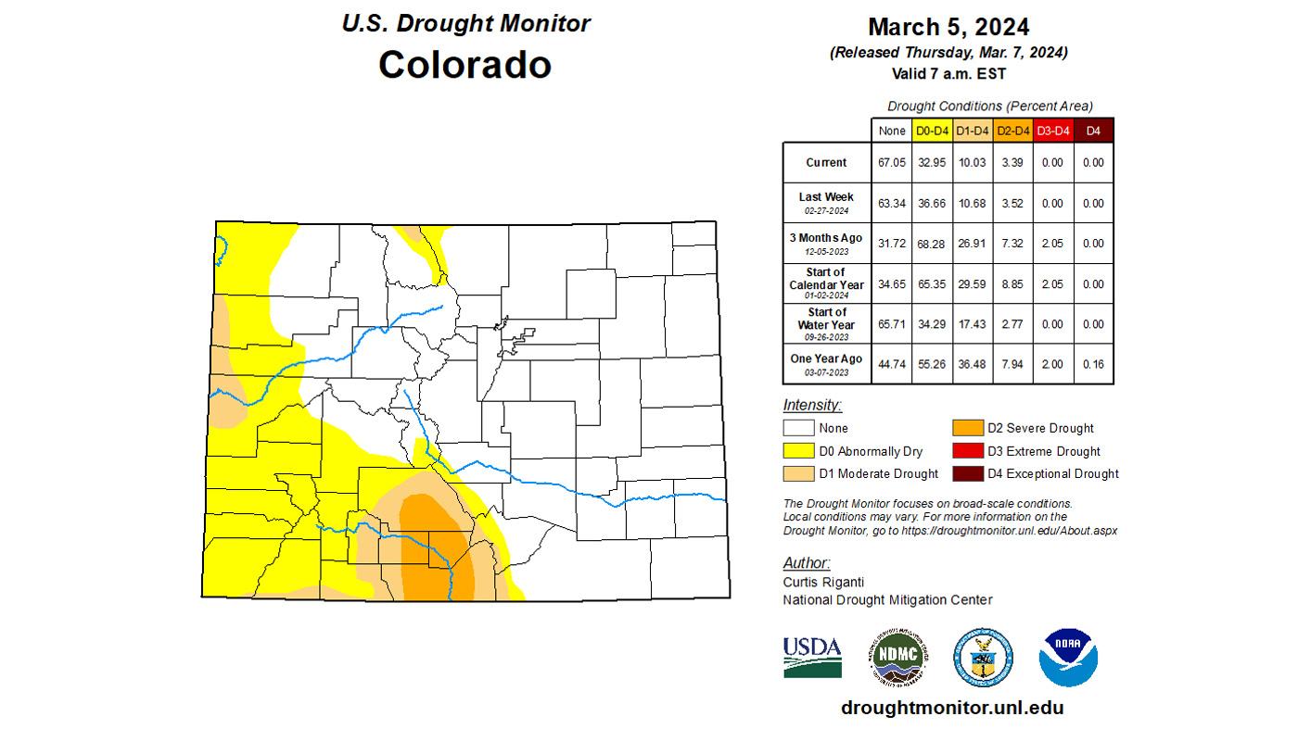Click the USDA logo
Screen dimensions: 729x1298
(812, 657)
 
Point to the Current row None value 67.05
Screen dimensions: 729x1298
(891, 163)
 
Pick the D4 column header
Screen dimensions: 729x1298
(1093, 132)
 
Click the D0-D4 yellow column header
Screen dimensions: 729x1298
(932, 132)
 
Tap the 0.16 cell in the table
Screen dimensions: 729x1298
(1093, 365)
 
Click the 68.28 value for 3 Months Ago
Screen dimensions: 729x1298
(932, 244)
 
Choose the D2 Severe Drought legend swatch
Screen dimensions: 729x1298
(967, 428)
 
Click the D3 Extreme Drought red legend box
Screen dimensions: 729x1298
(967, 451)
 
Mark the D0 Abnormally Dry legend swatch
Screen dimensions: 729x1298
(798, 451)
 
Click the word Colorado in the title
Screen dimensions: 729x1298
(464, 65)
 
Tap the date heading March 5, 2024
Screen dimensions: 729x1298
(948, 27)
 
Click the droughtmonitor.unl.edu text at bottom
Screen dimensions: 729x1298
(952, 708)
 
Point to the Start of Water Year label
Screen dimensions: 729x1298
(826, 319)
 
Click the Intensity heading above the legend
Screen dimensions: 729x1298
(812, 405)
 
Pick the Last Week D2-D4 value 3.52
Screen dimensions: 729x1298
(1012, 204)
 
